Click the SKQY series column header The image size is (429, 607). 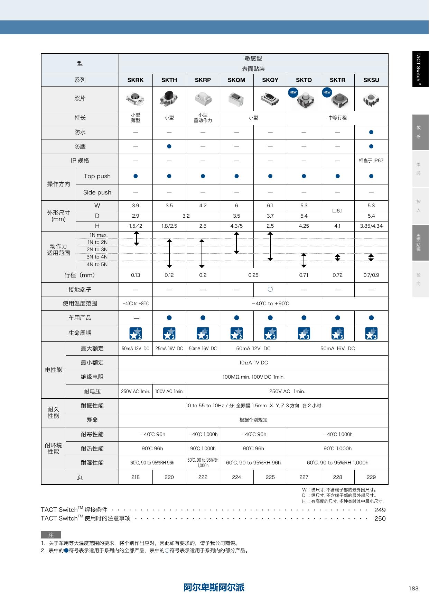[x=270, y=80]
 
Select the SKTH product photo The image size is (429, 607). [x=169, y=98]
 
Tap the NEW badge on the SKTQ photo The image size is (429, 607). [x=293, y=92]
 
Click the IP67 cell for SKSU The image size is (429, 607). [x=371, y=161]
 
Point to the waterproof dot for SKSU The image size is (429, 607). [x=371, y=132]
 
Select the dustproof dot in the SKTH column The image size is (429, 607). [x=169, y=146]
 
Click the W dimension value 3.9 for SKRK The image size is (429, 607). [x=136, y=206]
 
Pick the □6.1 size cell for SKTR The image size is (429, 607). [x=337, y=210]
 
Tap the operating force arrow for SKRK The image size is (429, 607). [x=137, y=238]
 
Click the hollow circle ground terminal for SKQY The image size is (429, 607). [x=270, y=289]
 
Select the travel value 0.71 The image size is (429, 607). [x=304, y=275]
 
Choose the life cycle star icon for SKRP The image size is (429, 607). [x=203, y=333]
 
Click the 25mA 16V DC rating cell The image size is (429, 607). [x=169, y=348]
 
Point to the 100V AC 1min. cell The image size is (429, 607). [x=169, y=391]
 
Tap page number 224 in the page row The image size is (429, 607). [x=236, y=477]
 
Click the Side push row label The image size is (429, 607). [x=97, y=192]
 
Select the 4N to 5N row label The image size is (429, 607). [x=97, y=264]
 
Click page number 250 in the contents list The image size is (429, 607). [x=380, y=518]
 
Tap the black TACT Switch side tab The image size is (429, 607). [x=420, y=69]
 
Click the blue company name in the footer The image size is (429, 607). [x=214, y=587]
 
